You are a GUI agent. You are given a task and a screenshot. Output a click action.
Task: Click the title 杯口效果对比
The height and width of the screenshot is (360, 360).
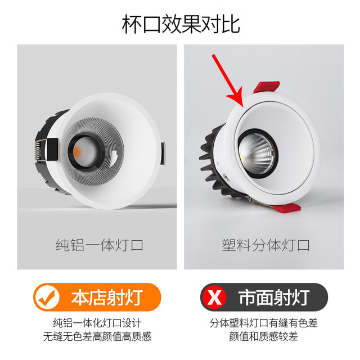(x=181, y=24)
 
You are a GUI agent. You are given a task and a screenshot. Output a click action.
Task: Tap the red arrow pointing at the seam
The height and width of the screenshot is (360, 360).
(x=227, y=80)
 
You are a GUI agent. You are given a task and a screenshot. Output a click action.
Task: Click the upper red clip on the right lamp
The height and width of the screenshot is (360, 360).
(x=267, y=87)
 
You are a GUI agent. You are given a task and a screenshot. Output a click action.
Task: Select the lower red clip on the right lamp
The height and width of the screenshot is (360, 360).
(x=287, y=208)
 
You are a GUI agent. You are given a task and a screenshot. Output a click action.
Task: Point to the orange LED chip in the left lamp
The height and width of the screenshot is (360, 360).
(x=77, y=151)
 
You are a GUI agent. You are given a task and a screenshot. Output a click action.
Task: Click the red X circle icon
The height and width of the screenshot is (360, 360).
(x=214, y=298)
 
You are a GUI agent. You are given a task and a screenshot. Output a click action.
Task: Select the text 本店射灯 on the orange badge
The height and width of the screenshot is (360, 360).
(x=107, y=298)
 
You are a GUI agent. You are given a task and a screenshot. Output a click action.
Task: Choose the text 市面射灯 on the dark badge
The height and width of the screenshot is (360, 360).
(x=274, y=298)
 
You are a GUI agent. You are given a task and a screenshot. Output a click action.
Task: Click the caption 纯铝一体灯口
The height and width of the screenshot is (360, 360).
(x=100, y=245)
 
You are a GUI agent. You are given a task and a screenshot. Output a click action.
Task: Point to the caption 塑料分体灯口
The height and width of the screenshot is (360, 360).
(x=265, y=245)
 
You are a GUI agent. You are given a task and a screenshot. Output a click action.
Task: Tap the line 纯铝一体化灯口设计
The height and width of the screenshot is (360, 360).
(x=97, y=323)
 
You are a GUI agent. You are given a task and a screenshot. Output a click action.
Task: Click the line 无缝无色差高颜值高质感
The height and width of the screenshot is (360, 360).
(x=97, y=336)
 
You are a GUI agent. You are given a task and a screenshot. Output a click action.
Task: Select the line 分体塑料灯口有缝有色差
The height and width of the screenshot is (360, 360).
(x=264, y=323)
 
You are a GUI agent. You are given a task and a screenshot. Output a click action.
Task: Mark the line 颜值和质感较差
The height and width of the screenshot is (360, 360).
(x=263, y=336)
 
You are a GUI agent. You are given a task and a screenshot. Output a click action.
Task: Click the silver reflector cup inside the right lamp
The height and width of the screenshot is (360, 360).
(x=256, y=153)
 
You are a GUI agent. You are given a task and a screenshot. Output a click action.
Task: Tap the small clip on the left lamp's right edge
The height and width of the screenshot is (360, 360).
(x=163, y=154)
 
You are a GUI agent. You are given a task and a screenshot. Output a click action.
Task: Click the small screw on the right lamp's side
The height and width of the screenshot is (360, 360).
(x=226, y=177)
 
